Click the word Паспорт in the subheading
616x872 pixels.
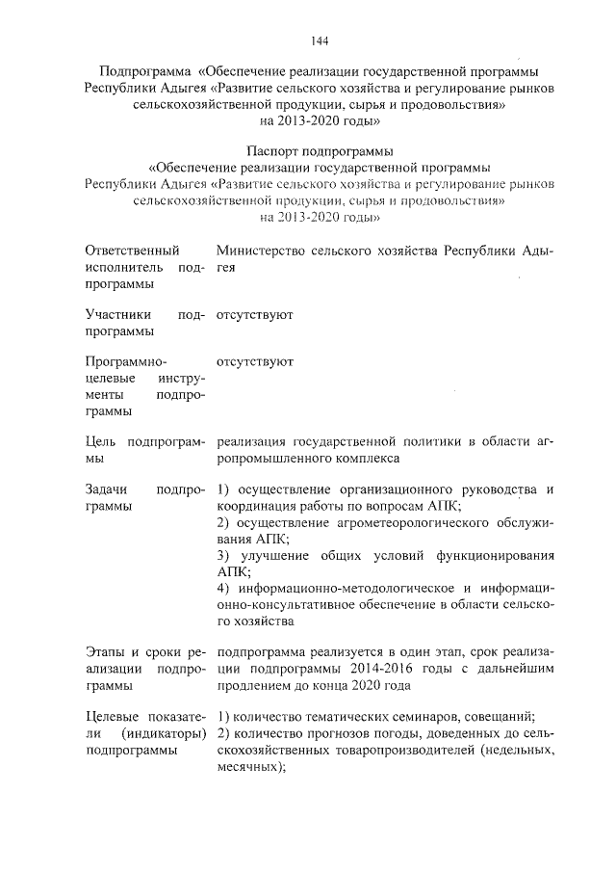pos(274,151)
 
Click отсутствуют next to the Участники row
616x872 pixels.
pos(255,315)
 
